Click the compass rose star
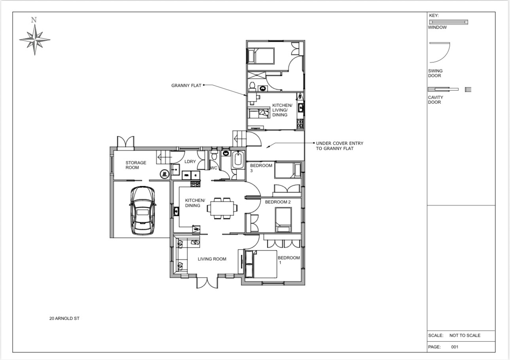[x=34, y=40]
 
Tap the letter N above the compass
[x=34, y=20]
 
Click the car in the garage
[x=142, y=211]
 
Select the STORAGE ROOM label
[x=136, y=165]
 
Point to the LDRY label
[x=190, y=162]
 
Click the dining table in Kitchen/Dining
[x=222, y=208]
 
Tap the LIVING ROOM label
[x=212, y=259]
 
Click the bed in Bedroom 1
[x=261, y=264]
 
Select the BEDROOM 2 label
[x=278, y=202]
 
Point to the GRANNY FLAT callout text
[x=186, y=86]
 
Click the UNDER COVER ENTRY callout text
[x=339, y=146]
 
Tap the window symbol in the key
[x=449, y=22]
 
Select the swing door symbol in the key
[x=440, y=52]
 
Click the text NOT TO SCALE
[x=464, y=335]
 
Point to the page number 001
[x=455, y=347]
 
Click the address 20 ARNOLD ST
[x=64, y=318]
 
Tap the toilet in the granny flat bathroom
[x=252, y=86]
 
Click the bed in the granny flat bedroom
[x=261, y=56]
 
